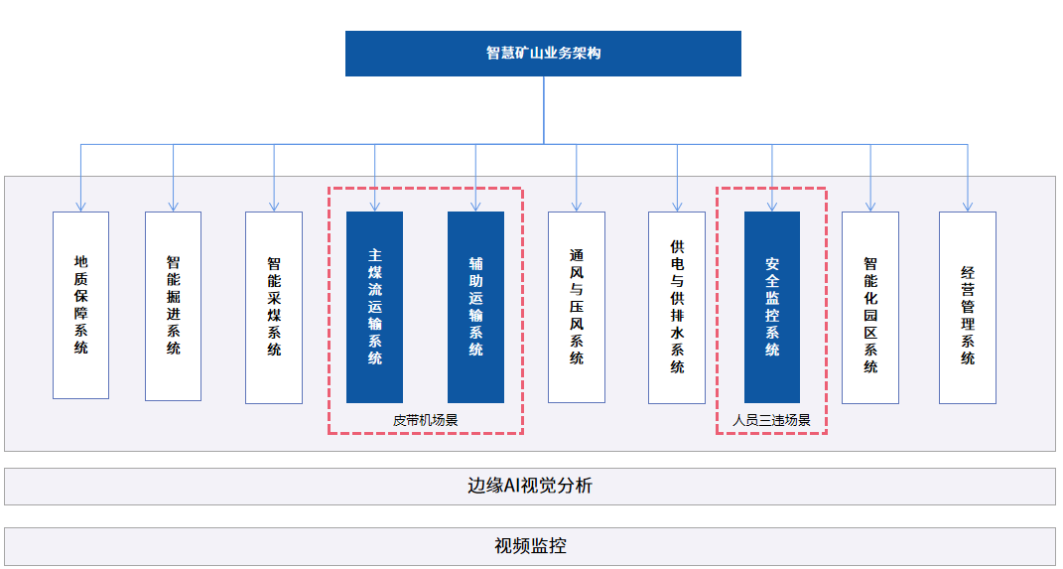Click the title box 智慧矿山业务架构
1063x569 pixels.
(x=543, y=54)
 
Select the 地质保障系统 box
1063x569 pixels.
(x=80, y=305)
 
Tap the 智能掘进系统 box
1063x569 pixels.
(x=173, y=306)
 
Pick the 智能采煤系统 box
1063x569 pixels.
(x=274, y=307)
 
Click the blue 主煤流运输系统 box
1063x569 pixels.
(x=374, y=307)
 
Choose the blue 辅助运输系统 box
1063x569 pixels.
(x=475, y=307)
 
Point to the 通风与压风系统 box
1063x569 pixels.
(x=577, y=307)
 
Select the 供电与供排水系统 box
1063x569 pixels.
(x=677, y=307)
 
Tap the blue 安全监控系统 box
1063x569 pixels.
(x=772, y=307)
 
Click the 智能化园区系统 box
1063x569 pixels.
(x=870, y=307)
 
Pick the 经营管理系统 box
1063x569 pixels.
(x=968, y=307)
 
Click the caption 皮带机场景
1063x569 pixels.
(x=426, y=420)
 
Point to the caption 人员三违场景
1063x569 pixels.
(x=772, y=420)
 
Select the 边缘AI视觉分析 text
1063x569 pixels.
(x=530, y=486)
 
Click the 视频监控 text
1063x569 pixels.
(x=530, y=545)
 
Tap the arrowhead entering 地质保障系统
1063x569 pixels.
(x=80, y=207)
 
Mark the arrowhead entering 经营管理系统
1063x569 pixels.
(x=968, y=207)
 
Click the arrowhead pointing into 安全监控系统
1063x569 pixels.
(x=772, y=207)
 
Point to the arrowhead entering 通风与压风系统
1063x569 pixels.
(x=577, y=207)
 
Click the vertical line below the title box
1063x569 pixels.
(x=544, y=109)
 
